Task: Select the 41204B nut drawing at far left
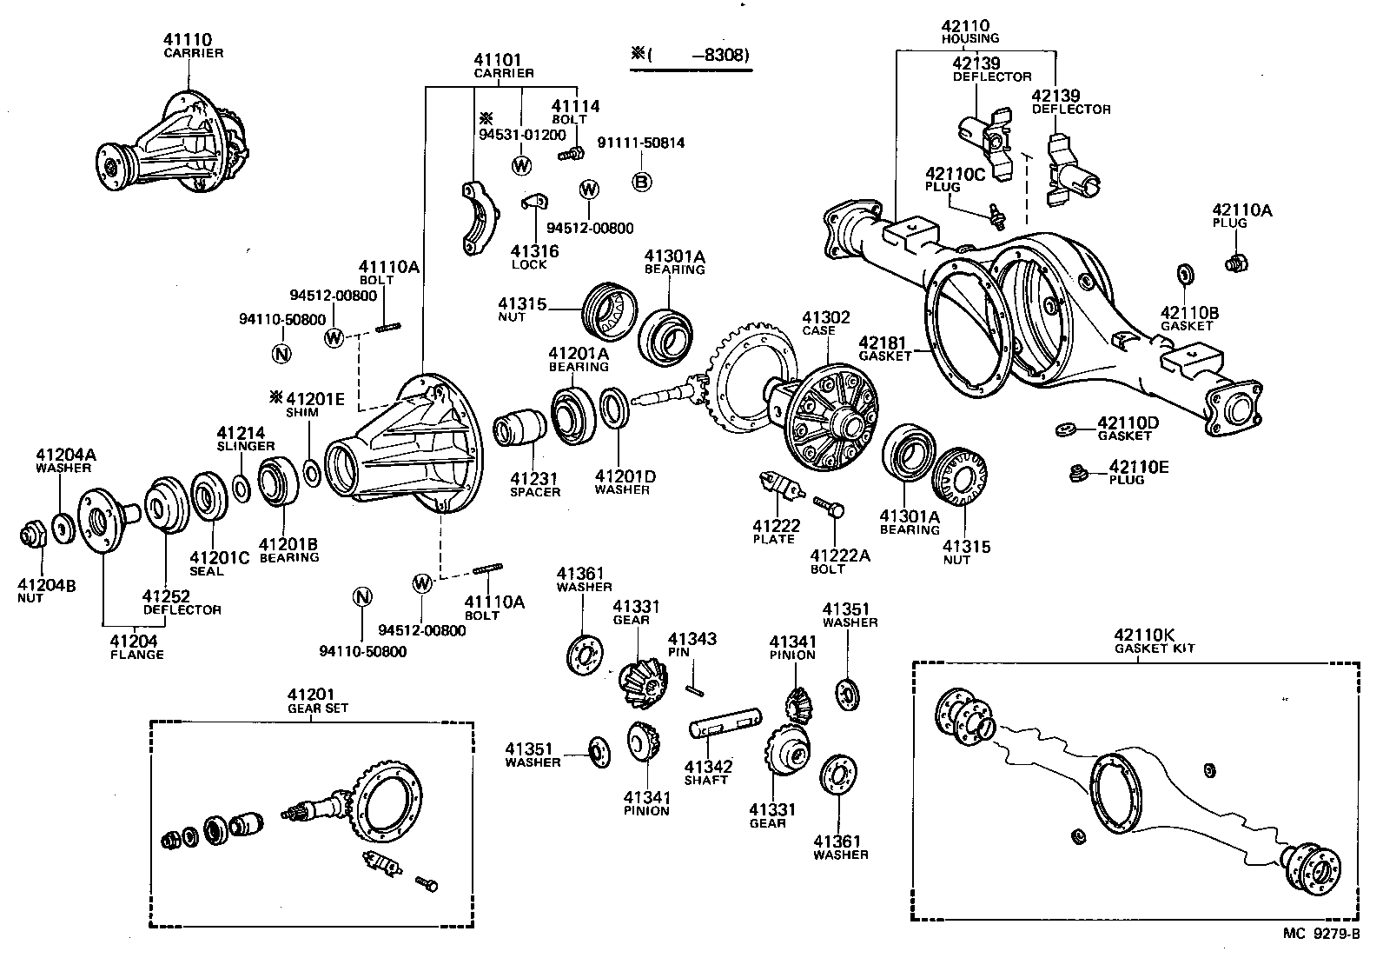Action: [x=32, y=534]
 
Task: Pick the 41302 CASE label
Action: [x=825, y=323]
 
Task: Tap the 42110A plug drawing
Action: [x=1234, y=260]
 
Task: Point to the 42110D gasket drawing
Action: [x=1067, y=429]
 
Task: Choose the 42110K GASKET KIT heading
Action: [x=1155, y=641]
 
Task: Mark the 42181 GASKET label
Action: [x=885, y=349]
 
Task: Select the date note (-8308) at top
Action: [x=692, y=55]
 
